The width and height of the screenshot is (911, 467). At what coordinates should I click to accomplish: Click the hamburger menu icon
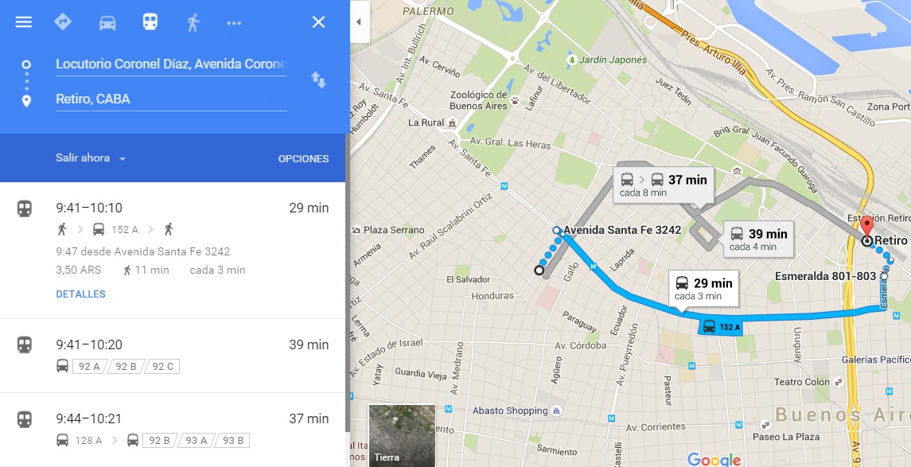pos(24,22)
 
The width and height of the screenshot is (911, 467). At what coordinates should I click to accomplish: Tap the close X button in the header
pos(318,22)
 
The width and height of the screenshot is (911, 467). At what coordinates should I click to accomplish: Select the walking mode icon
pos(193,22)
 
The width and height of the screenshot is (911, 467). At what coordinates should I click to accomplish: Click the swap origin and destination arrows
pos(318,80)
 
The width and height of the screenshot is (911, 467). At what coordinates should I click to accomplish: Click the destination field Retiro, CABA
pos(171,99)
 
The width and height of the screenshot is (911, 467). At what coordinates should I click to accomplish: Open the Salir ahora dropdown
pos(91,158)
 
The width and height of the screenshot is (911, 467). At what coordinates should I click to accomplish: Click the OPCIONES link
pos(303,159)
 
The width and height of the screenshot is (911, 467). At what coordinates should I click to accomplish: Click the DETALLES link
pos(80,294)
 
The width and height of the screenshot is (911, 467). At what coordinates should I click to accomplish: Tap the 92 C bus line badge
pos(163,367)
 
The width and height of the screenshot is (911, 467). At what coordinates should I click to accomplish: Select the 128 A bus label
pos(88,441)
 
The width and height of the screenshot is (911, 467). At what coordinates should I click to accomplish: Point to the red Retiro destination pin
pos(867,223)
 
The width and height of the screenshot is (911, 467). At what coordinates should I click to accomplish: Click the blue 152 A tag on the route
pos(720,327)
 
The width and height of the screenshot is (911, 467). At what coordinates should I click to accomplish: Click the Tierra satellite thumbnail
pos(402,435)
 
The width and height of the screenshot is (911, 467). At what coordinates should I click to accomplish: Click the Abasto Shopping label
pos(510,411)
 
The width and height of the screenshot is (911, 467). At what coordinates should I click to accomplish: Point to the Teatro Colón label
pos(802,383)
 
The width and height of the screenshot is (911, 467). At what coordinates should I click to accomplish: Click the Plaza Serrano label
pos(394,231)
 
